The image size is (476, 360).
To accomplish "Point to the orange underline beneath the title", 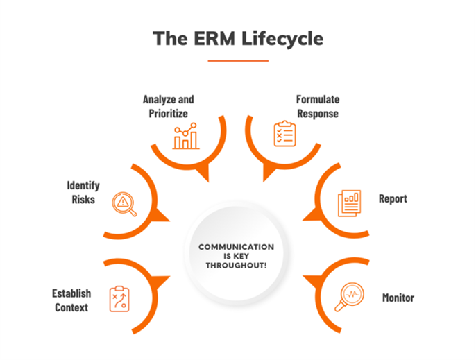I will (238, 61).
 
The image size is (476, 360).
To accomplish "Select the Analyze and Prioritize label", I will (168, 106).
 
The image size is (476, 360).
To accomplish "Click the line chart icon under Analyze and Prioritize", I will (185, 137).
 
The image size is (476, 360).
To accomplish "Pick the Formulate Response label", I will (318, 106).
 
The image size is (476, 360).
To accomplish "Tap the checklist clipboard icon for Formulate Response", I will (284, 133).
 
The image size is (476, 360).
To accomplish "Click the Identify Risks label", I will (83, 192).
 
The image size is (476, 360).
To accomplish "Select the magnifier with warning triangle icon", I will (124, 203).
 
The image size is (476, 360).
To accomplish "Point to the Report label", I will (393, 198).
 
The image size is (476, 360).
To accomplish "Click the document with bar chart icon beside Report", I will (349, 203).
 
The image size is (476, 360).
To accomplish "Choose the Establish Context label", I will (71, 300).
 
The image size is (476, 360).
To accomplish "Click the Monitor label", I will (398, 298).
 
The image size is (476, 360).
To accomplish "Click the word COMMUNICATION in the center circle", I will (237, 246).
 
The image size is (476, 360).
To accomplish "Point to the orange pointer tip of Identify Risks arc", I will (164, 216).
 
